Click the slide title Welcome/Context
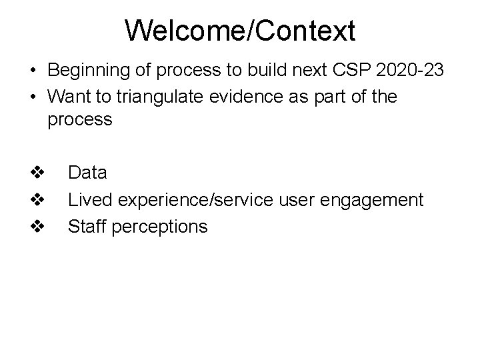point(240,30)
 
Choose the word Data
point(87,173)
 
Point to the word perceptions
point(160,227)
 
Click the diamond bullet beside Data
point(37,173)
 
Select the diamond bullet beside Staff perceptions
point(37,227)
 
